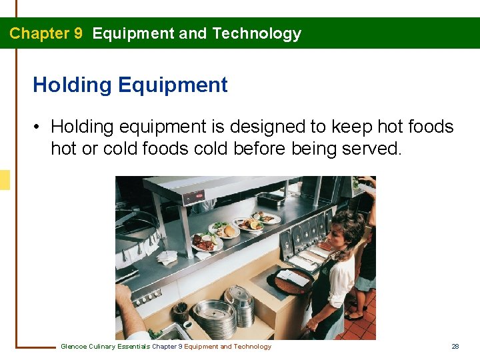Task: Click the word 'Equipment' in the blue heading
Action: pyautogui.click(x=173, y=85)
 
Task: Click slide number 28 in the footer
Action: pyautogui.click(x=455, y=346)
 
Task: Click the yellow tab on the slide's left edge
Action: pyautogui.click(x=5, y=180)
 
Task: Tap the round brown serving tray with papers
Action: pyautogui.click(x=291, y=280)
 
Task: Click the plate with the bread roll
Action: pyautogui.click(x=225, y=231)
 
